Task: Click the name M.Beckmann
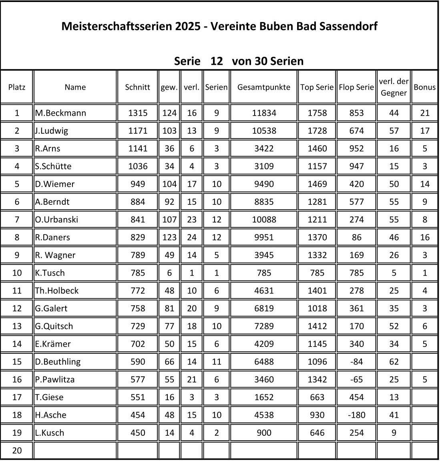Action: tap(60, 113)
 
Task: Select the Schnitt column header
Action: tap(137, 87)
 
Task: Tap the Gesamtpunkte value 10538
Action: tap(264, 130)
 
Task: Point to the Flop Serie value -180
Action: tap(356, 415)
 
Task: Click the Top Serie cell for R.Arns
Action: tap(317, 148)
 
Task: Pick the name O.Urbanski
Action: tap(56, 219)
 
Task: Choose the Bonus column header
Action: tap(424, 87)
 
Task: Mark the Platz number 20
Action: tap(17, 450)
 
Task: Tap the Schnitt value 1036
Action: tap(137, 166)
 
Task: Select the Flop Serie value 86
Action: tap(356, 237)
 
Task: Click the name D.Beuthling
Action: tap(58, 361)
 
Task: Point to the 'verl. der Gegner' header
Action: tap(394, 87)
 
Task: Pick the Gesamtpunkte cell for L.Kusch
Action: tap(264, 433)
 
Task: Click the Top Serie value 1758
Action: tap(317, 113)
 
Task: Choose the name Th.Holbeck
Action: tap(57, 291)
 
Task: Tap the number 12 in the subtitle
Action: tap(216, 61)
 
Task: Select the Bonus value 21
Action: tap(424, 113)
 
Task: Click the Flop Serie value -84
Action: tap(356, 361)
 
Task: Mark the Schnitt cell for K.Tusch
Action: tap(137, 273)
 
